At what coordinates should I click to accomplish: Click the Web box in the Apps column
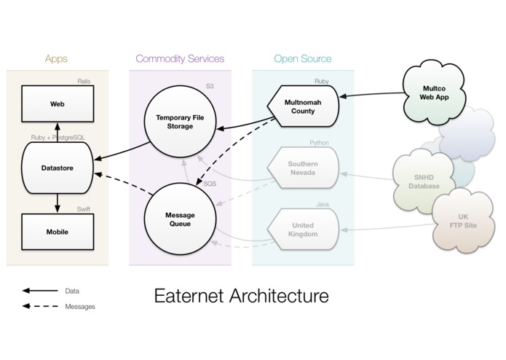(x=58, y=104)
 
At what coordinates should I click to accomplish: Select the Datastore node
(x=58, y=168)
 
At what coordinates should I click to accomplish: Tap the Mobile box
(x=58, y=232)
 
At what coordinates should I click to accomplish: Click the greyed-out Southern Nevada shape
(x=301, y=169)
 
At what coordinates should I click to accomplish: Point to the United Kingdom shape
(x=301, y=230)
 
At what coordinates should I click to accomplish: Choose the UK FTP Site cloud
(x=463, y=222)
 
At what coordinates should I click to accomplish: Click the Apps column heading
(x=58, y=58)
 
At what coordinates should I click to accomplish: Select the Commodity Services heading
(x=180, y=58)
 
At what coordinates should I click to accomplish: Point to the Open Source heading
(x=302, y=58)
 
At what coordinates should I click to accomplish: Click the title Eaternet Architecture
(x=241, y=296)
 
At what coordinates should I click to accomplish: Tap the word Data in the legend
(x=72, y=291)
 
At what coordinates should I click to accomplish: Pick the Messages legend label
(x=80, y=307)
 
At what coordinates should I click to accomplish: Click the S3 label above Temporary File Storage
(x=210, y=87)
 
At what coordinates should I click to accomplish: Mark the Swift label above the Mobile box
(x=83, y=209)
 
